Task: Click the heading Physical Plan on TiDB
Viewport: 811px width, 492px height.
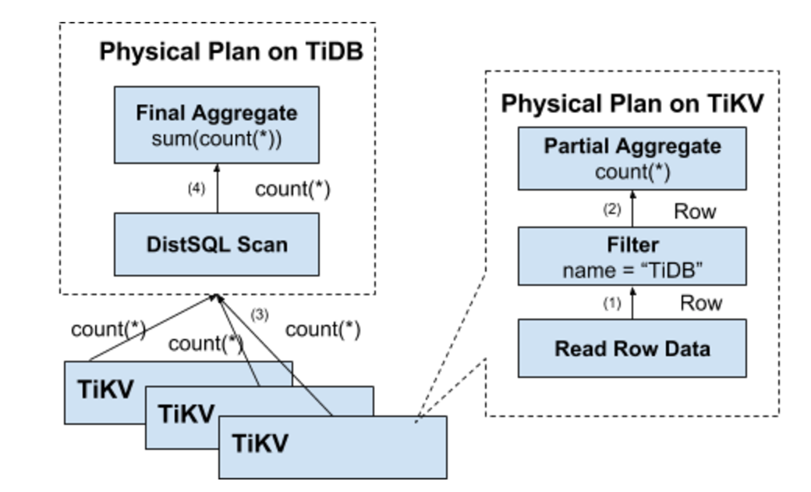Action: (231, 52)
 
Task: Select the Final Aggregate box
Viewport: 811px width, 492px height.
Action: (217, 123)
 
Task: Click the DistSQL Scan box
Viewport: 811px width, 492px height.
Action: (217, 244)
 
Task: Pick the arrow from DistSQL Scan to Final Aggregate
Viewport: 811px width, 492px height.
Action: (218, 188)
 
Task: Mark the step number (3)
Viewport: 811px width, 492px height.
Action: (260, 313)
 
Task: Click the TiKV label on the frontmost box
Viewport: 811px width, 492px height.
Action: (260, 444)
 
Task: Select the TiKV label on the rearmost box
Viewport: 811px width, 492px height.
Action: (105, 389)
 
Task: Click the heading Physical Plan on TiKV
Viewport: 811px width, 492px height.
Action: (632, 103)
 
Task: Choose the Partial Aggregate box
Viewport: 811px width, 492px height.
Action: (632, 159)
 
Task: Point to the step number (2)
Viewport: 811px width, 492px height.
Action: (613, 209)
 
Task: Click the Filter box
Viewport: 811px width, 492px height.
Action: (632, 257)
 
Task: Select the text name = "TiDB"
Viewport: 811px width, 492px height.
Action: (632, 271)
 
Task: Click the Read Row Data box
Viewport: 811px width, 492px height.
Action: (632, 348)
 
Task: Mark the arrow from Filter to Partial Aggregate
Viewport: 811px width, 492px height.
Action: (632, 209)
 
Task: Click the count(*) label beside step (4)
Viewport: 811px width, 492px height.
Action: (293, 190)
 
